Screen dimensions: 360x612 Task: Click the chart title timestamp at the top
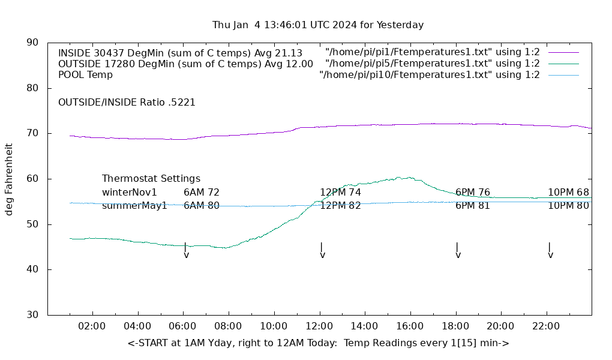318,25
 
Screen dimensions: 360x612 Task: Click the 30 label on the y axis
33,315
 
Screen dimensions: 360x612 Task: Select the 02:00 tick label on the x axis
92,326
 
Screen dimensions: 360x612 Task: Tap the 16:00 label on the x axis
410,326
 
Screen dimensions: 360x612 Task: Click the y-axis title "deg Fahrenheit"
9,179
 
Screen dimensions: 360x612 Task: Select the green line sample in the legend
563,64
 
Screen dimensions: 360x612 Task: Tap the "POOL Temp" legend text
85,75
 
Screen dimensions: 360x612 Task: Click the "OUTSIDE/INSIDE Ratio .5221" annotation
127,103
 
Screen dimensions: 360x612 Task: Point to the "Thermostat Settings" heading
151,179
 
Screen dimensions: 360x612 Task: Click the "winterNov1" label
130,193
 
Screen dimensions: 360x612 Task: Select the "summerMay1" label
134,206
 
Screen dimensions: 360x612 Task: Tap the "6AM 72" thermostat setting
202,193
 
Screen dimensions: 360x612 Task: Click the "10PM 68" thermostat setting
568,193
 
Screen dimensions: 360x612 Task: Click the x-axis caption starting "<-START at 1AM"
319,343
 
